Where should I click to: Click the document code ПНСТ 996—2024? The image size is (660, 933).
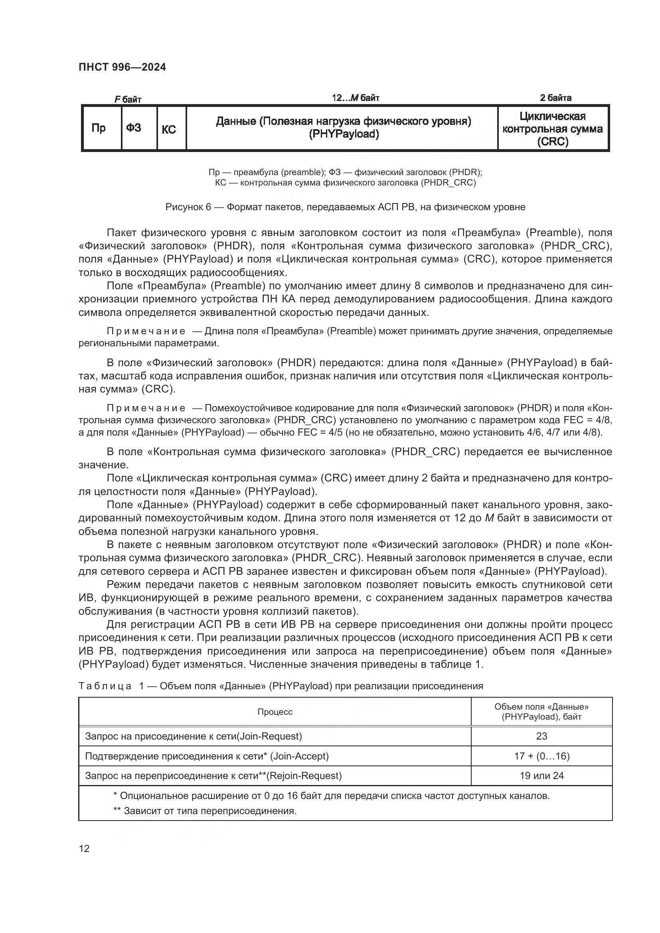123,67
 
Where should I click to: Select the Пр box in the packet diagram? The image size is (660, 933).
98,128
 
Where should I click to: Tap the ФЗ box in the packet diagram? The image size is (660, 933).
134,128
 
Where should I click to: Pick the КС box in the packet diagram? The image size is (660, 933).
169,129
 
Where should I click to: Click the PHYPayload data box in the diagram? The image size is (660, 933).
344,128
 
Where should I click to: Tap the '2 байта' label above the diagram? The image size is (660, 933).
555,98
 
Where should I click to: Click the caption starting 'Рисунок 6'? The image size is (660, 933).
345,207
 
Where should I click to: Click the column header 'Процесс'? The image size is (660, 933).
275,711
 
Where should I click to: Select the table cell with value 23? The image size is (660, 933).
541,736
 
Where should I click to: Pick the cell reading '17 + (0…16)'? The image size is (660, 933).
541,756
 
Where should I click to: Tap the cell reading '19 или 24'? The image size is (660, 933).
541,775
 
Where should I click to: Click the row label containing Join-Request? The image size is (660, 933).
194,736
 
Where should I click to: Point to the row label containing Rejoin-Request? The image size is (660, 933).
213,775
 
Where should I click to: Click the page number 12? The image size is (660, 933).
84,848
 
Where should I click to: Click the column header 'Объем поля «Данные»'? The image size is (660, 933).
541,711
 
